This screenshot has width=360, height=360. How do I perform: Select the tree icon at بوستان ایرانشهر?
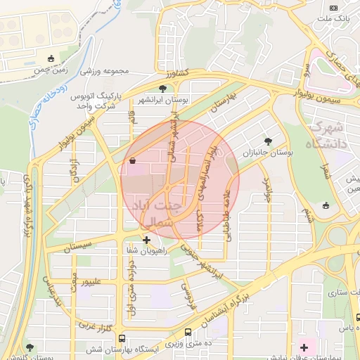163,89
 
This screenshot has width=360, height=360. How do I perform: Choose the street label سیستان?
77,247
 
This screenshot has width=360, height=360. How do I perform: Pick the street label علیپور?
96,282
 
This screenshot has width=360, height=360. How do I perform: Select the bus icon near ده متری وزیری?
188,333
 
